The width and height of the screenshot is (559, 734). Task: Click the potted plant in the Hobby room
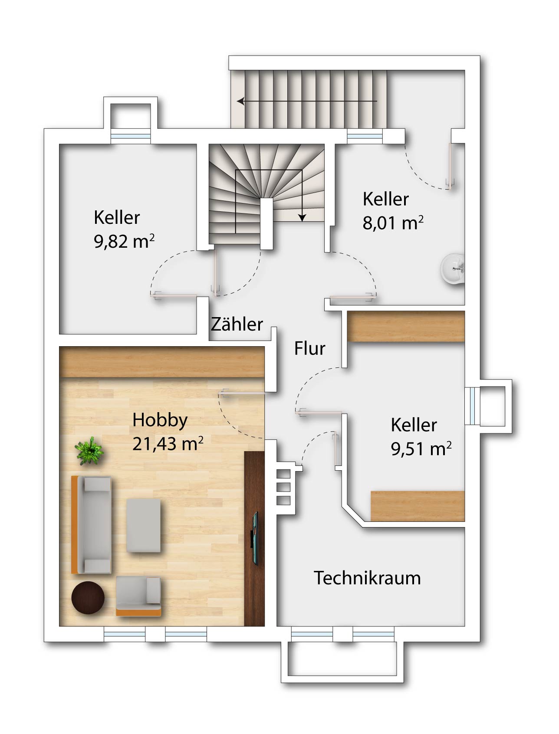coord(89,451)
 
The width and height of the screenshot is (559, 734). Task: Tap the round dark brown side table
coord(88,597)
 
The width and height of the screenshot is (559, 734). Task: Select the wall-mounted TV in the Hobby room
coord(255,538)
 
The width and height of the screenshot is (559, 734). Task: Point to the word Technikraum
coord(367,578)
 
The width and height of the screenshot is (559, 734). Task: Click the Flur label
coord(309,348)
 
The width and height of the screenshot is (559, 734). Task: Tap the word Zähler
coord(237,324)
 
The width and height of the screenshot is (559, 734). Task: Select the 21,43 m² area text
coord(168,443)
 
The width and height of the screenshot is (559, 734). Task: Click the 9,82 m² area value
coord(124,241)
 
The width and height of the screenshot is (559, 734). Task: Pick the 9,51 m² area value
coord(421,449)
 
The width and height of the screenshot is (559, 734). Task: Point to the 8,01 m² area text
coord(393,223)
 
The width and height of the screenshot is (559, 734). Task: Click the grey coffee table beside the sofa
coord(144,525)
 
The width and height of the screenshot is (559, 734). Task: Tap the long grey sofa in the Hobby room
coord(92,524)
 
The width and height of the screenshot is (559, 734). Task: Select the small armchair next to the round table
coord(138,596)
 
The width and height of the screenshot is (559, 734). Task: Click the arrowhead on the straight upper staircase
coord(240,102)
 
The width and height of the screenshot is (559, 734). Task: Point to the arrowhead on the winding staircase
coord(302,217)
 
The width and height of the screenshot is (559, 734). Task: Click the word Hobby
coord(160,420)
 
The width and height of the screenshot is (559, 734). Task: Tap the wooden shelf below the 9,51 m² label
coord(418,506)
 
